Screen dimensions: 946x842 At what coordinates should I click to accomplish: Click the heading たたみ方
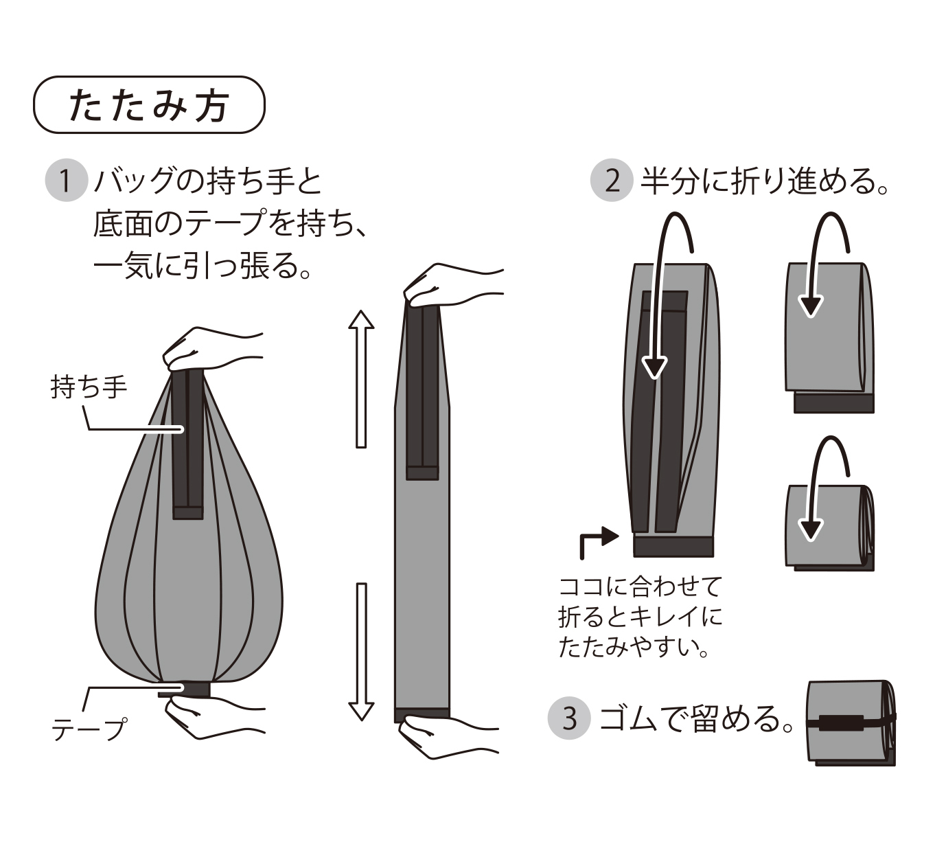[x=149, y=106]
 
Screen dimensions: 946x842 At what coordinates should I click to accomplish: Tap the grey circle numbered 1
[x=67, y=181]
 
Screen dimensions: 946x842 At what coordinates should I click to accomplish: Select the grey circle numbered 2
[x=612, y=181]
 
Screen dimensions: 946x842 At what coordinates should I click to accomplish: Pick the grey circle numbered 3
[x=569, y=718]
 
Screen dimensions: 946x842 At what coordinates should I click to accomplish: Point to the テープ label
[x=89, y=729]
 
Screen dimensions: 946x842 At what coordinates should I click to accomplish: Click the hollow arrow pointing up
[x=361, y=379]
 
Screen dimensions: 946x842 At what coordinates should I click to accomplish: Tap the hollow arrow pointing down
[x=361, y=652]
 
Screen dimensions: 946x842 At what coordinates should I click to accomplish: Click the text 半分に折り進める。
[x=764, y=181]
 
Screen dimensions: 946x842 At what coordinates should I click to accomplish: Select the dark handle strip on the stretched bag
[x=422, y=392]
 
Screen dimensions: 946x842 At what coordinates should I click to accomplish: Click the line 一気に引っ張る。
[x=203, y=266]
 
